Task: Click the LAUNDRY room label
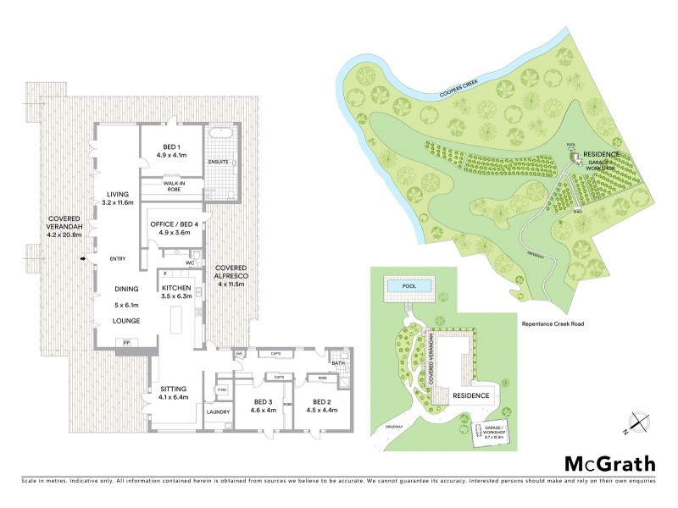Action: pos(218,412)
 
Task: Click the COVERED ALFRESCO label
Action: pos(231,275)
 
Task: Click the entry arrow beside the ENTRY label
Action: pos(82,259)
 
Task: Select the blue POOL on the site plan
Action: pos(410,289)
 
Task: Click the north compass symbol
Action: pos(636,421)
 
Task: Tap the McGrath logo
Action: pos(609,463)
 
